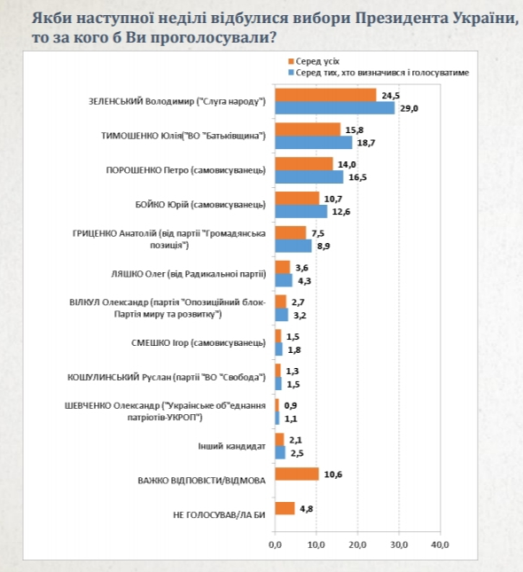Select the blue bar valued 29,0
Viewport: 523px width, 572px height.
pyautogui.click(x=334, y=107)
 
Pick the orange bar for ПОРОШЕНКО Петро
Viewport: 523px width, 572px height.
pyautogui.click(x=304, y=164)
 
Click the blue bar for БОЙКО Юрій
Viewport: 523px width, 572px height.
pyautogui.click(x=301, y=211)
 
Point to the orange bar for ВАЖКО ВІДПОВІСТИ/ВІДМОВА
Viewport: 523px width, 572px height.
pyautogui.click(x=297, y=474)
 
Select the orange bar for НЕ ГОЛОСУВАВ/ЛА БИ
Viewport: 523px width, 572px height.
pyautogui.click(x=285, y=509)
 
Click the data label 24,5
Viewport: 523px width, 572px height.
pyautogui.click(x=389, y=95)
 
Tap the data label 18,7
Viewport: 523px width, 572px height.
pyautogui.click(x=365, y=142)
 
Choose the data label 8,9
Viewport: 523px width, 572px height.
pyautogui.click(x=324, y=246)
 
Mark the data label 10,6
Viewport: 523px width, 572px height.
pyautogui.click(x=332, y=474)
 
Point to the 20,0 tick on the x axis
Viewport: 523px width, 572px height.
pyautogui.click(x=357, y=544)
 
